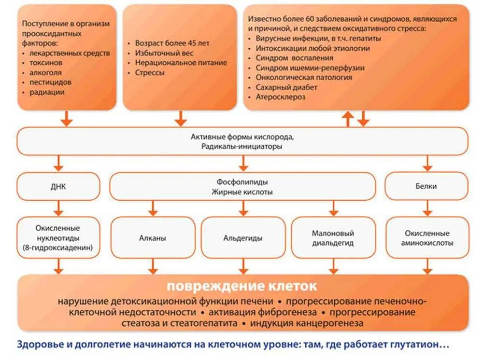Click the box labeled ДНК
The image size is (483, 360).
[58, 186]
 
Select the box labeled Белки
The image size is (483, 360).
[426, 186]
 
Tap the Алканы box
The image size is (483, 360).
[153, 238]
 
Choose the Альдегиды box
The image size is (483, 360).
[243, 238]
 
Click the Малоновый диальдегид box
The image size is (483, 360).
[333, 238]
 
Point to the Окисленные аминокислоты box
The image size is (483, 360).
[427, 238]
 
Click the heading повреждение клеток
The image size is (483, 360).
[242, 286]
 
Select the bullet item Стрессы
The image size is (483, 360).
[150, 72]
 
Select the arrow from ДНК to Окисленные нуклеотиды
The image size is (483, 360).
[58, 208]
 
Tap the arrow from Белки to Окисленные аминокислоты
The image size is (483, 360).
[427, 208]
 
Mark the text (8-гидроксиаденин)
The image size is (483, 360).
[57, 249]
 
